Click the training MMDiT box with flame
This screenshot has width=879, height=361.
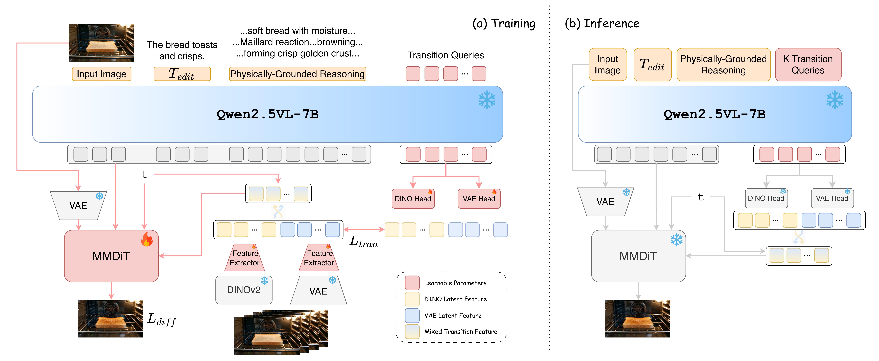pyautogui.click(x=111, y=256)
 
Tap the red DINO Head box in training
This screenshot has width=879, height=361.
pyautogui.click(x=413, y=199)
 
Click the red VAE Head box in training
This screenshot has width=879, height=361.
pyautogui.click(x=479, y=199)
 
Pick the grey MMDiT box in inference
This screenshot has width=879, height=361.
pyautogui.click(x=638, y=256)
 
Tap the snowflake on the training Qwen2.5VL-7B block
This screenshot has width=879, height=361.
pyautogui.click(x=487, y=100)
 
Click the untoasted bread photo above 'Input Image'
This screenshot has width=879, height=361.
pyautogui.click(x=101, y=43)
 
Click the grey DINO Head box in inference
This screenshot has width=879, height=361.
pyautogui.click(x=766, y=198)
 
